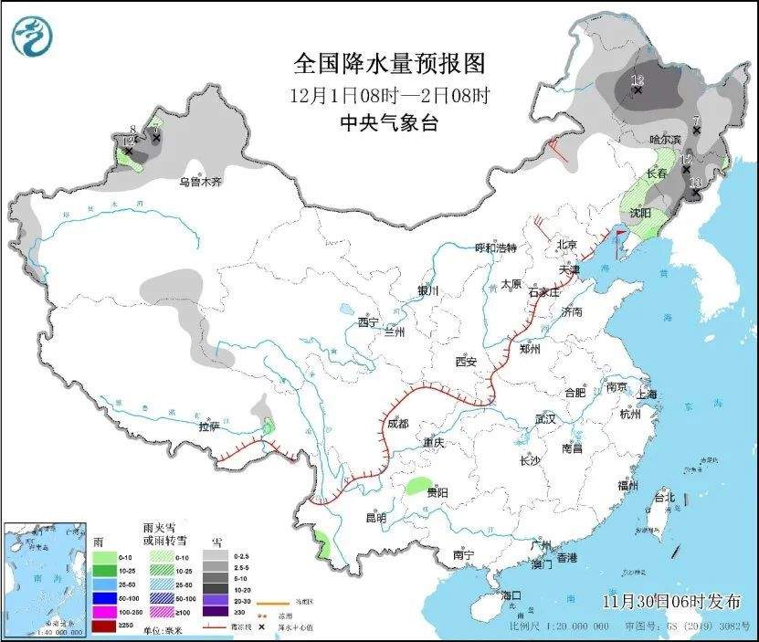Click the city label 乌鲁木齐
point(199,183)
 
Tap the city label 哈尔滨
point(665,140)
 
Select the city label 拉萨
point(209,426)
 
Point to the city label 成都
point(396,424)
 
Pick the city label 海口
point(512,595)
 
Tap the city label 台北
point(663,498)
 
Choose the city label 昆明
point(375,518)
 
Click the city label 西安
point(466,362)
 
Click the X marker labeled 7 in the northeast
point(696,131)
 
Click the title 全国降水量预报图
point(387,63)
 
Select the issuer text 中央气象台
point(388,122)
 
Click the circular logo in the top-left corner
point(33,37)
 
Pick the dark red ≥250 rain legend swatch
point(103,628)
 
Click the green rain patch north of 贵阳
point(418,484)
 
